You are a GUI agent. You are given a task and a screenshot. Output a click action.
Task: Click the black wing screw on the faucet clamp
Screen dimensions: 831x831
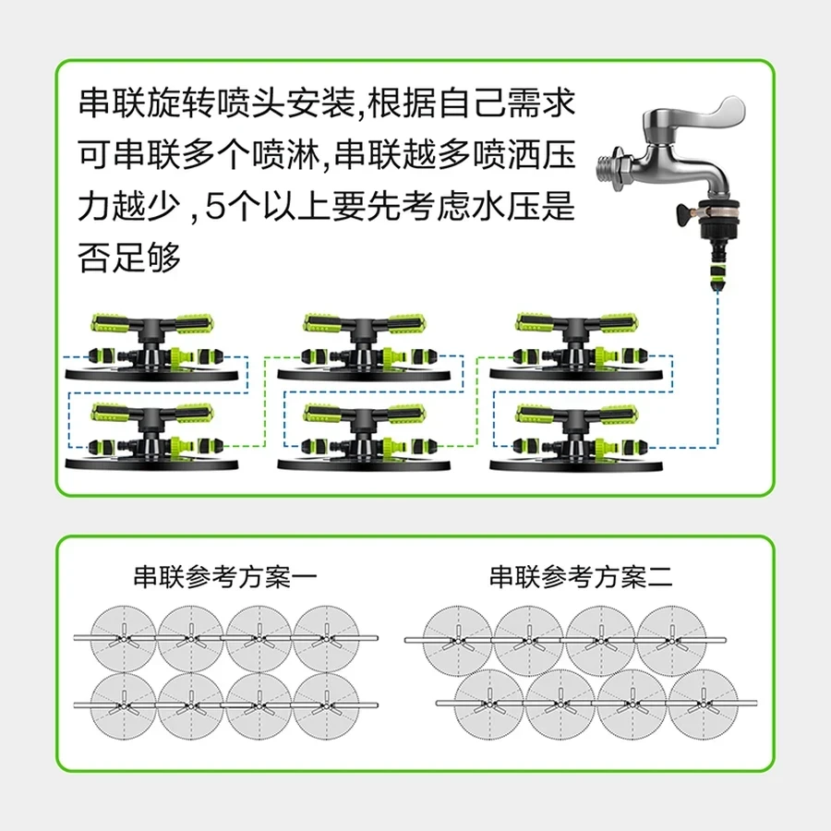(x=685, y=213)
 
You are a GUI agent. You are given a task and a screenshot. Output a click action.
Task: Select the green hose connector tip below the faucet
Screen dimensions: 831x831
(x=717, y=277)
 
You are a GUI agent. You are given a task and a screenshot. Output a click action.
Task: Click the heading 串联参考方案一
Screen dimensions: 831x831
(x=224, y=577)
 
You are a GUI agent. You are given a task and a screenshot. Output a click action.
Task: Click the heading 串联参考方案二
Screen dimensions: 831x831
(x=581, y=577)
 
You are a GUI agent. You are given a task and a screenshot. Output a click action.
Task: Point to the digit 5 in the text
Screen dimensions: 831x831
(x=214, y=207)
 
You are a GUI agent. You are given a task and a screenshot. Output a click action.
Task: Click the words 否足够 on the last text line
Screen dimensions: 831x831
(x=130, y=257)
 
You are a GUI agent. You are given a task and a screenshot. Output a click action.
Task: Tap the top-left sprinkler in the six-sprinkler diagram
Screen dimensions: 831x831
(x=152, y=346)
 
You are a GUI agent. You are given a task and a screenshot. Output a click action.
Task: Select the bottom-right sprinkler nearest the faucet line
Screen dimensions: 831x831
(x=576, y=437)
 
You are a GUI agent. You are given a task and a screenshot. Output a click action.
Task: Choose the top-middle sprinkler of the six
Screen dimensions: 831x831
(x=365, y=346)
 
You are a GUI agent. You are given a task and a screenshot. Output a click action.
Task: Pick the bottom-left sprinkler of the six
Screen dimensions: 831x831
(x=152, y=437)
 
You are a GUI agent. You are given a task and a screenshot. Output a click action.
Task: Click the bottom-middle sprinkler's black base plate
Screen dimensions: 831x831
(x=365, y=464)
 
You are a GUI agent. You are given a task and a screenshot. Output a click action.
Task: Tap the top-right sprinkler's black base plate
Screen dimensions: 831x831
(x=576, y=374)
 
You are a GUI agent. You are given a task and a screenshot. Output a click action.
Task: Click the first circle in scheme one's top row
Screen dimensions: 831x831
(x=124, y=639)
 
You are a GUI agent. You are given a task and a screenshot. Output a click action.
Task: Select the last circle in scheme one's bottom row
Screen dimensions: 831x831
(x=326, y=705)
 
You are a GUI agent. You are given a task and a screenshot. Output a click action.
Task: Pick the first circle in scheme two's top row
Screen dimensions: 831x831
(x=457, y=641)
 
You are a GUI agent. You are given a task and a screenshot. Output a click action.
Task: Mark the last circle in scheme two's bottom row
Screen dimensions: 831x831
(x=704, y=704)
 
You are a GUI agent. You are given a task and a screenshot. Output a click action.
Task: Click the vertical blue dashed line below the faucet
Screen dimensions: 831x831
(x=717, y=369)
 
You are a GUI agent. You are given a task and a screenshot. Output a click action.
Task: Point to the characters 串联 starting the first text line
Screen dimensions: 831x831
(x=113, y=102)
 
